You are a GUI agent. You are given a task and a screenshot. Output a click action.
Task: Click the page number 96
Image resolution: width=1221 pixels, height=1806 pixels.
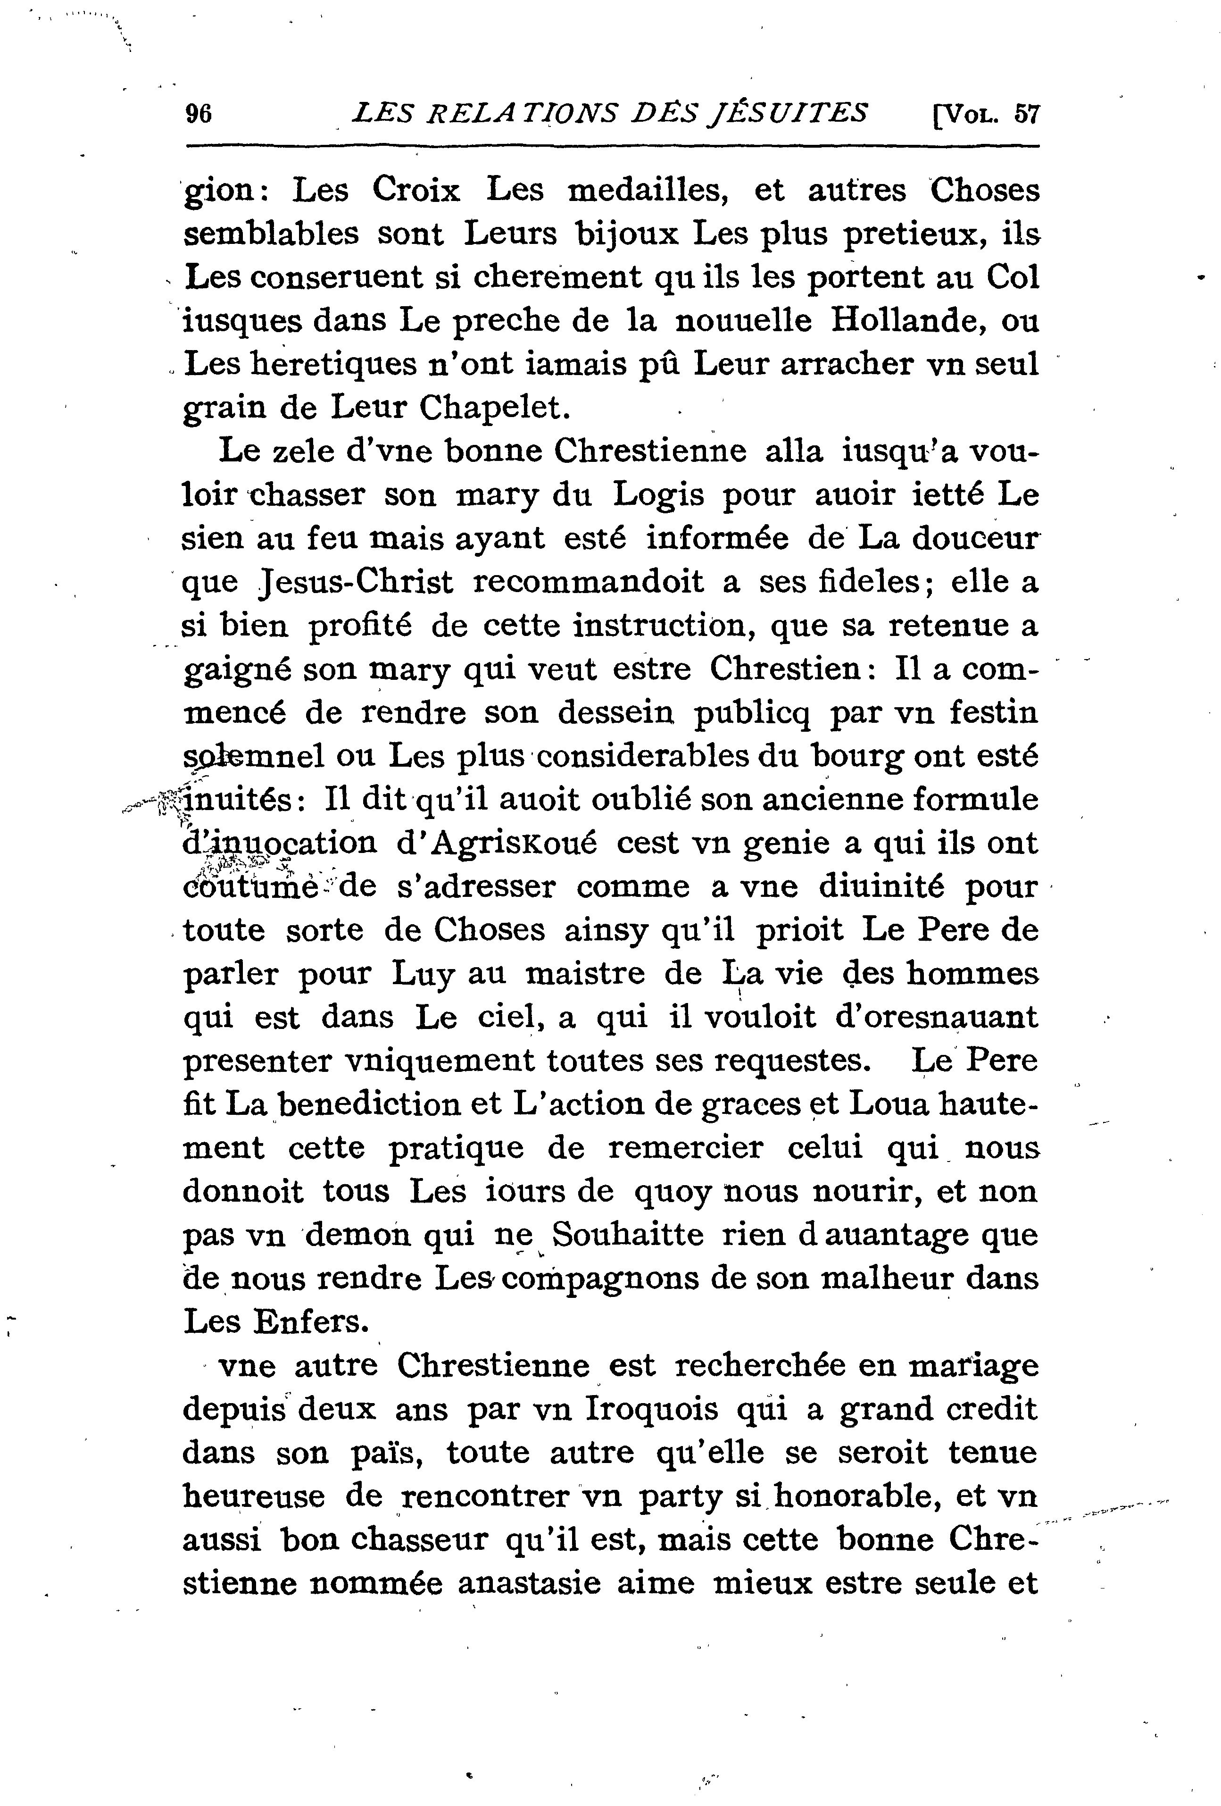pos(199,114)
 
